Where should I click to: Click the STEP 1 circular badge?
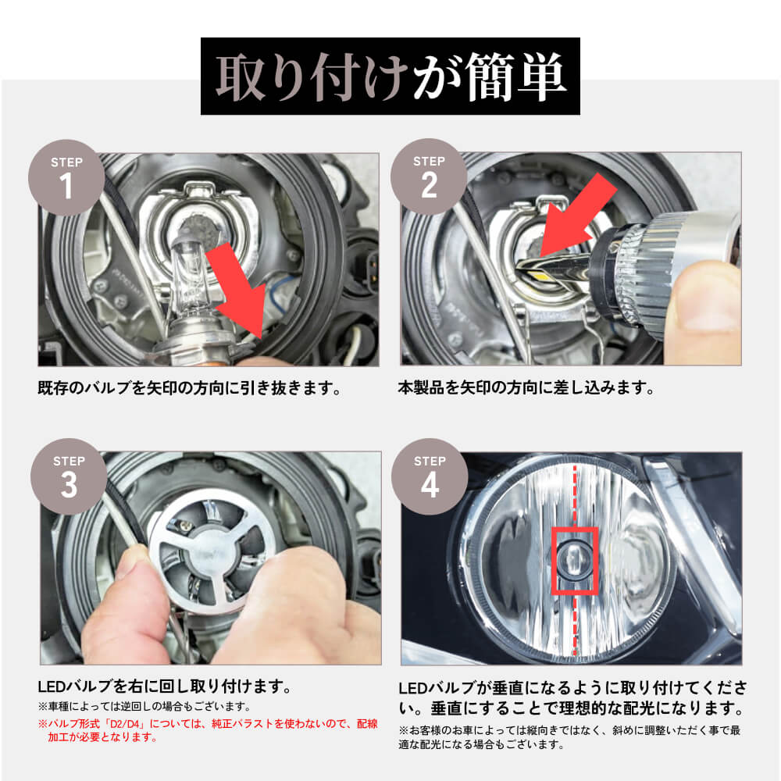coord(66,178)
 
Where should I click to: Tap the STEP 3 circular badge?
coord(69,476)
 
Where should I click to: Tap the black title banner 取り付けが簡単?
coord(390,77)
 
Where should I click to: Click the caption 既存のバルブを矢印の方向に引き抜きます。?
coord(190,388)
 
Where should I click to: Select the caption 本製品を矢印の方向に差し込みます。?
coord(526,388)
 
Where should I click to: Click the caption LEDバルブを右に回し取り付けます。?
coord(165,688)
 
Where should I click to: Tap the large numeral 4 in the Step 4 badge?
coord(430,486)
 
